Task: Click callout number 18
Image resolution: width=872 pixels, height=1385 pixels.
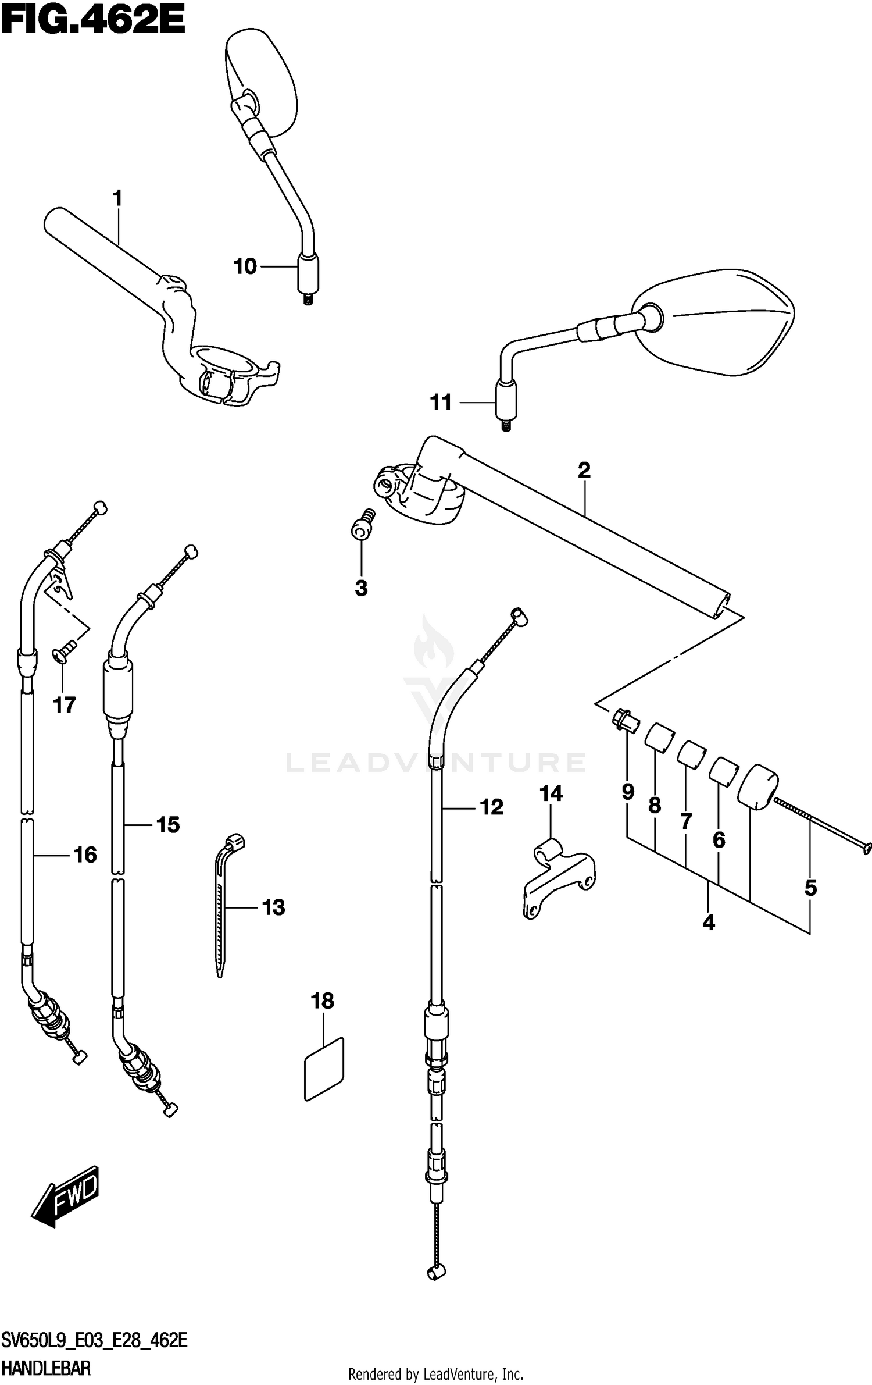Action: [322, 1001]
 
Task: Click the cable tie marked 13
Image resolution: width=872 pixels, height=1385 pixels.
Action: [224, 907]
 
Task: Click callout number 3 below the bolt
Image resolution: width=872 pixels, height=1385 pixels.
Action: [361, 588]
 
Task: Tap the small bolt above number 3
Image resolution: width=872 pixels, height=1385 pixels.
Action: [363, 523]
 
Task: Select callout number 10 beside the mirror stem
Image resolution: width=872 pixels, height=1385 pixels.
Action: [245, 266]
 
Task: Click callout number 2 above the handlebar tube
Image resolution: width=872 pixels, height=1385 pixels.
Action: [584, 470]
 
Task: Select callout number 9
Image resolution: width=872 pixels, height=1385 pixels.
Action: [628, 791]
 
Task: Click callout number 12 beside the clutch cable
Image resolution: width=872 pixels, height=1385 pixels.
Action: [491, 807]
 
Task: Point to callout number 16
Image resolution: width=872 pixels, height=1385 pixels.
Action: [85, 855]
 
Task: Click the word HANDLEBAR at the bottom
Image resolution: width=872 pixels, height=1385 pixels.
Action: [46, 1368]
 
